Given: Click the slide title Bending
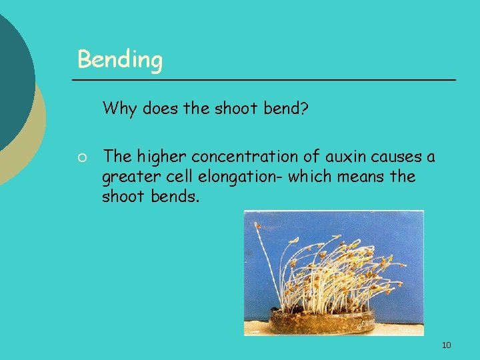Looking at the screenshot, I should click(x=120, y=60).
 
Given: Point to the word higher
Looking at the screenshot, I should click(x=161, y=157).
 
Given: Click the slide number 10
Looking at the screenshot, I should click(x=446, y=345).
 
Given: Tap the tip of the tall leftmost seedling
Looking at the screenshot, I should click(x=257, y=226).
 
